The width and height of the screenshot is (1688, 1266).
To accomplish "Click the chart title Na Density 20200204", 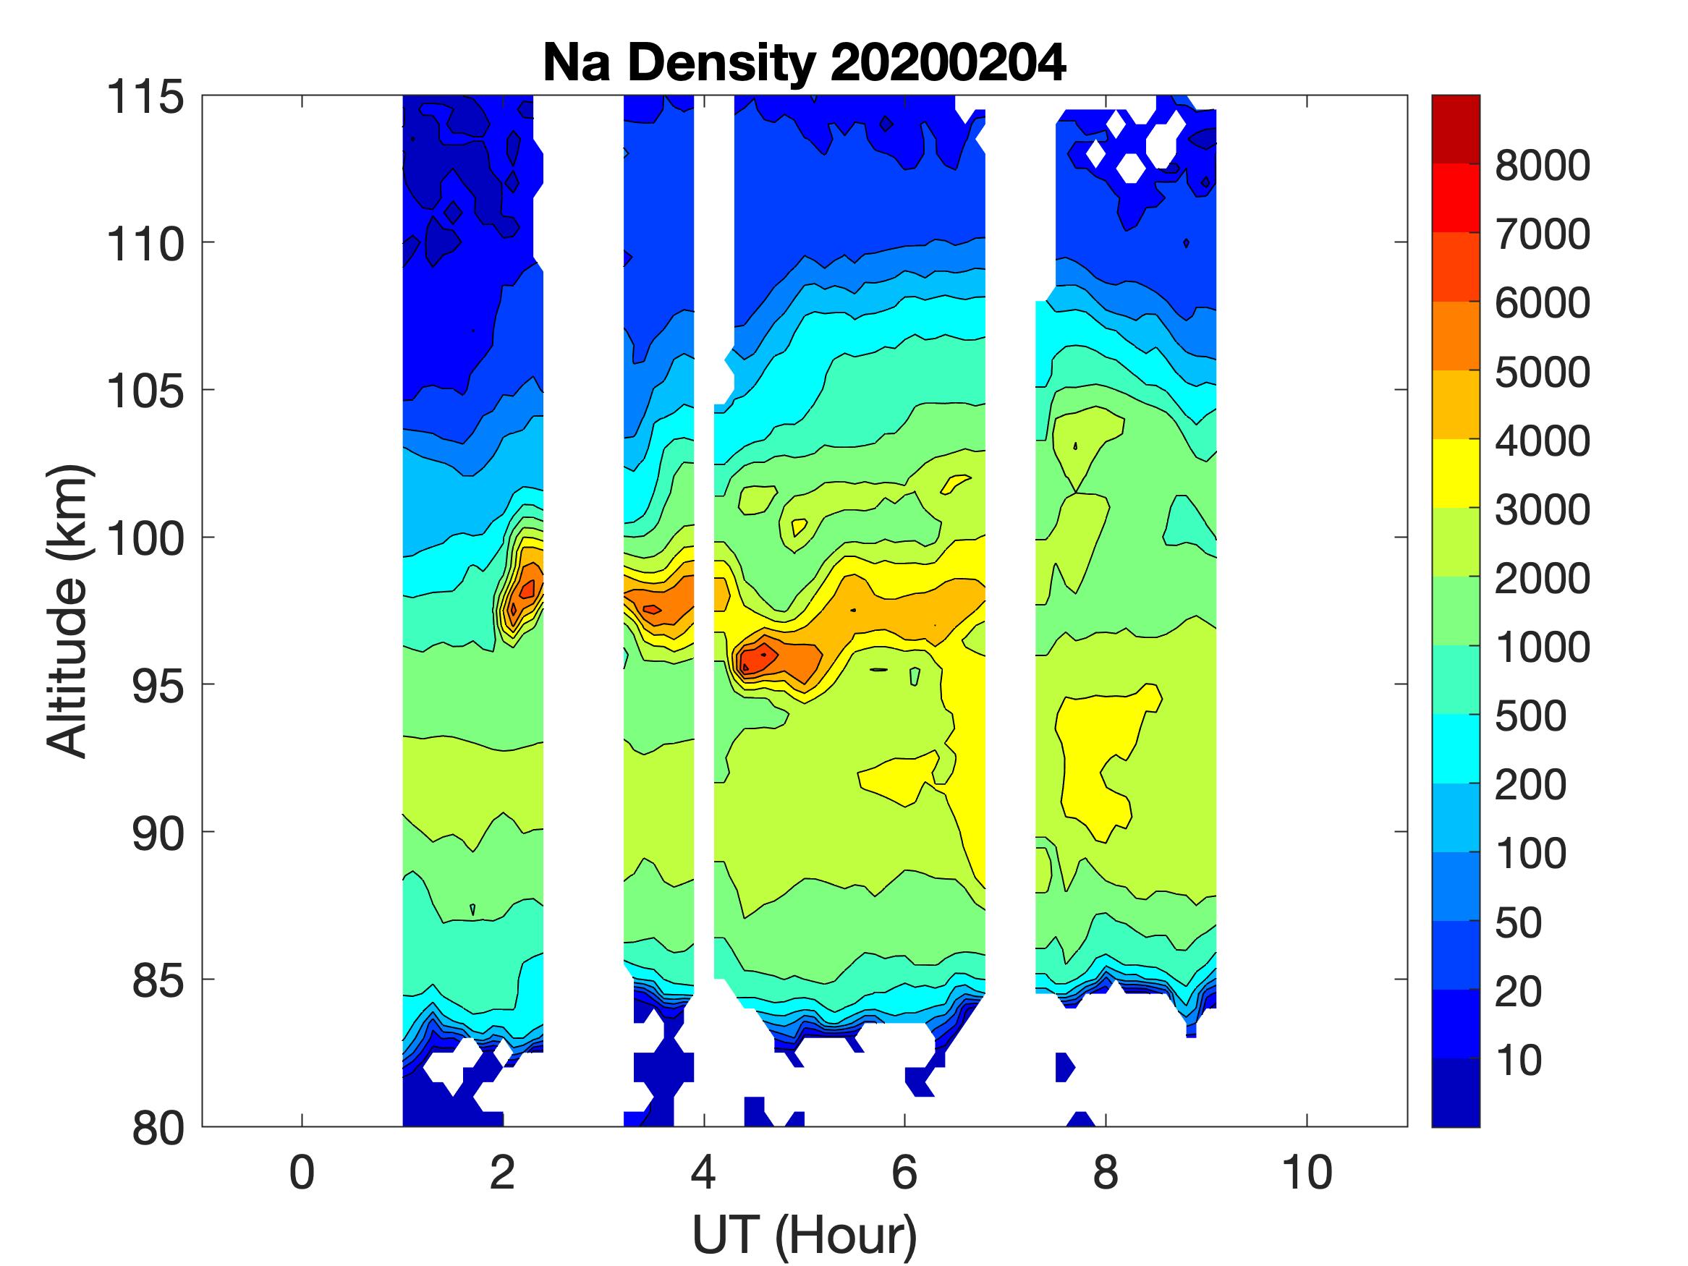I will click(805, 64).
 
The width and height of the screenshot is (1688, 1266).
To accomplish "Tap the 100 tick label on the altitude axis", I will click(145, 538).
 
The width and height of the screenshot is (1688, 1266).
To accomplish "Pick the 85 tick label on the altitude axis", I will click(158, 980).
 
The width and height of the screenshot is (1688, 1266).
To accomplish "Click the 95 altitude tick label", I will click(158, 685).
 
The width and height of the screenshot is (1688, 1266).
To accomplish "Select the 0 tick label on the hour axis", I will click(302, 1173).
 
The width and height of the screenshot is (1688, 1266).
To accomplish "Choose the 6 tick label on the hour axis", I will click(904, 1173).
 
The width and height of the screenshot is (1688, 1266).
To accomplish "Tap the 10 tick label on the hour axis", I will click(1307, 1173).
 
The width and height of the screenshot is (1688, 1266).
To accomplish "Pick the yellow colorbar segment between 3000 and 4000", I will click(1455, 473).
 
